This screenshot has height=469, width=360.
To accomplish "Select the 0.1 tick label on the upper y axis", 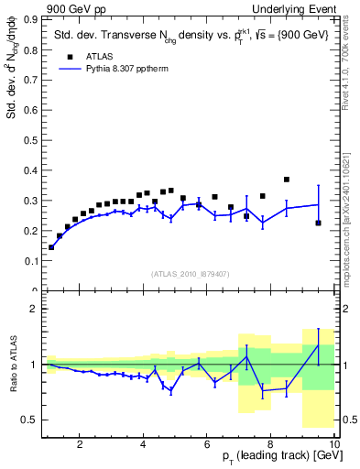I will pyautogui.click(x=34, y=261).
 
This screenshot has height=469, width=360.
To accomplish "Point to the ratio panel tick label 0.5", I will pyautogui.click(x=32, y=420).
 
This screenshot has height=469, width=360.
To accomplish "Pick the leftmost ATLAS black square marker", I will pyautogui.click(x=51, y=247).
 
